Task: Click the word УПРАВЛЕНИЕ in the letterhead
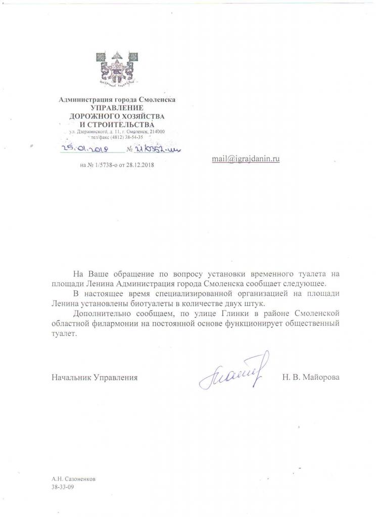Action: click(x=117, y=108)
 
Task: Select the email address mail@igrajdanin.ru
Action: click(x=246, y=159)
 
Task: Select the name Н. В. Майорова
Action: click(x=311, y=378)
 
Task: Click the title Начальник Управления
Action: click(x=94, y=378)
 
